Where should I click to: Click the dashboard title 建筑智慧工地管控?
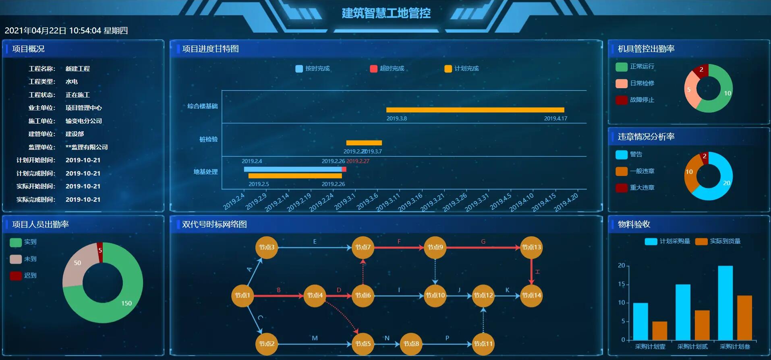pos(386,13)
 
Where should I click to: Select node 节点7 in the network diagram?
pos(363,247)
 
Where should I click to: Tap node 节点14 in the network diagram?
pos(531,295)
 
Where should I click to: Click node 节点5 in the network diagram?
pos(363,343)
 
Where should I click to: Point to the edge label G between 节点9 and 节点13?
pos(483,242)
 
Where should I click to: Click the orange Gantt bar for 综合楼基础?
pos(475,110)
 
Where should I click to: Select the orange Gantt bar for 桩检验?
pos(364,143)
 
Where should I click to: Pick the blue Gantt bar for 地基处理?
pos(293,169)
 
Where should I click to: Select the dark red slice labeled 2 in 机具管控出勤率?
pos(701,71)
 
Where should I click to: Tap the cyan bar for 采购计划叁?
pos(725,302)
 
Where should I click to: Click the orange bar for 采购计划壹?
pos(659,330)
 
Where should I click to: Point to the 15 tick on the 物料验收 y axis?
pos(622,284)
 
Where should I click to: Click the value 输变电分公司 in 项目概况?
pos(84,121)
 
